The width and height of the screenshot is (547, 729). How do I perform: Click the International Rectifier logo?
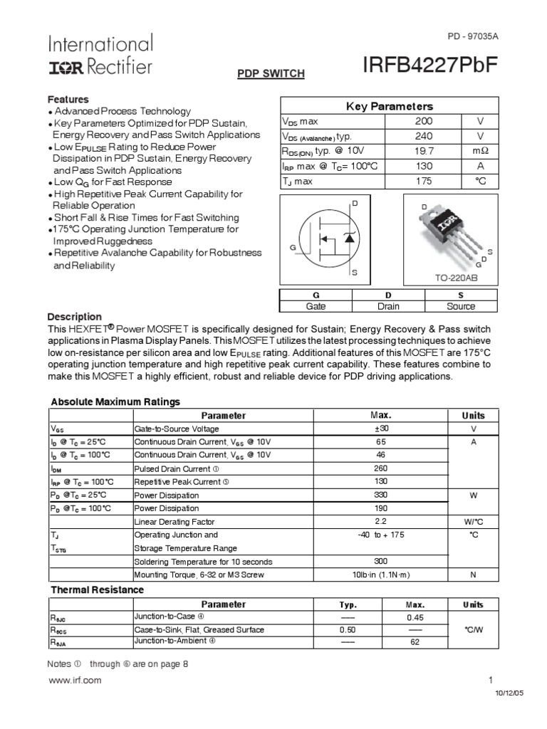pos(100,56)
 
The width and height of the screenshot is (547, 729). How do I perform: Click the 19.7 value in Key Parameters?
pos(424,152)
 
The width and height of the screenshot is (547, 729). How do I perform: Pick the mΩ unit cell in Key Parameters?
pos(479,152)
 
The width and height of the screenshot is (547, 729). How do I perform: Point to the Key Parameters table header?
pos(389,106)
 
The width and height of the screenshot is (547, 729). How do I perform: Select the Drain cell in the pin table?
pos(388,306)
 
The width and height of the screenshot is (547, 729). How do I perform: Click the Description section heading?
pos(74,317)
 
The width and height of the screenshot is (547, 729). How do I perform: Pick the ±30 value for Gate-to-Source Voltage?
pos(381,429)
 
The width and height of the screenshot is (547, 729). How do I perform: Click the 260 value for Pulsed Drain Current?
pos(381,468)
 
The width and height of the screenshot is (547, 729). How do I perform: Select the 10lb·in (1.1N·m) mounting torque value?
pos(381,575)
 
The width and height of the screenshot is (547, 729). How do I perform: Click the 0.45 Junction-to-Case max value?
pos(415,617)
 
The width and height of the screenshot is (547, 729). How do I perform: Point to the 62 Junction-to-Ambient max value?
pos(415,642)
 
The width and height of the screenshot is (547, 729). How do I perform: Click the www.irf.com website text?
pos(74,680)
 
